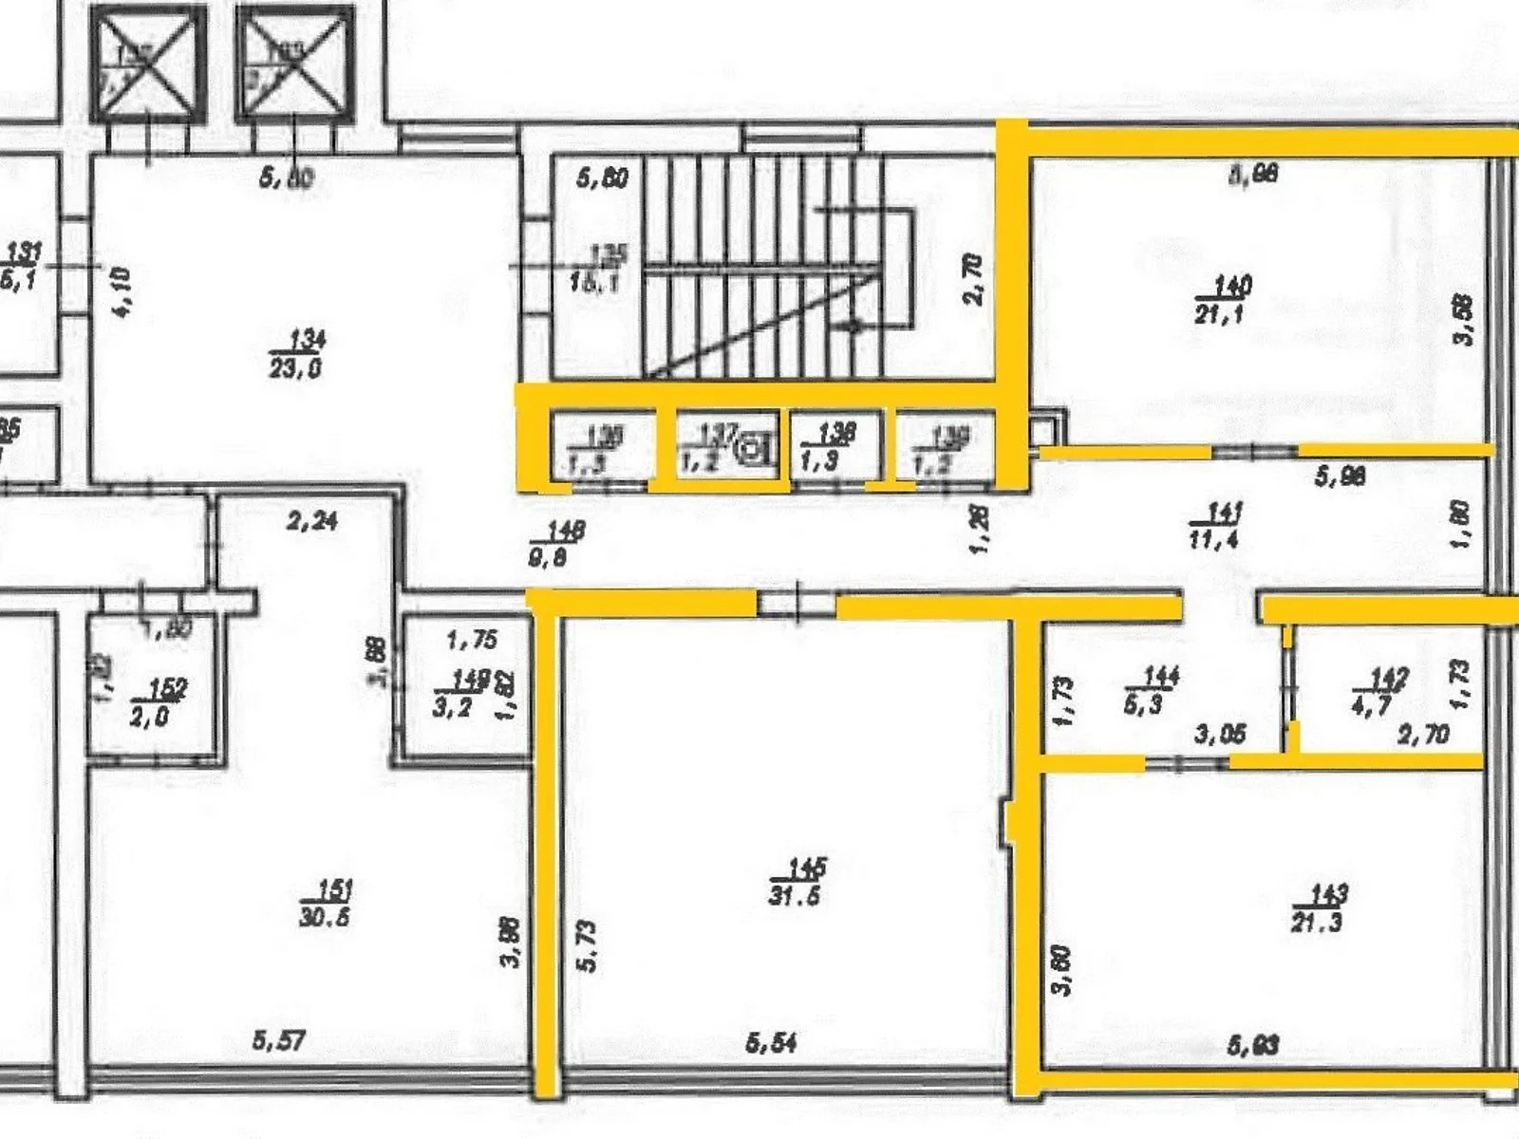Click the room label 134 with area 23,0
click(x=295, y=353)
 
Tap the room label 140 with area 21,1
click(x=1223, y=299)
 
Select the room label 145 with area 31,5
click(x=796, y=882)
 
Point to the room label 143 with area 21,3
click(x=1318, y=907)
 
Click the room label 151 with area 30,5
click(x=325, y=903)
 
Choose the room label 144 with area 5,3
click(x=1151, y=689)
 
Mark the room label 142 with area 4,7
click(x=1378, y=691)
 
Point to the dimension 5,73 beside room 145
click(x=588, y=944)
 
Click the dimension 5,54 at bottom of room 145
click(x=771, y=1043)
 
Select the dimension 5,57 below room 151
click(x=279, y=1040)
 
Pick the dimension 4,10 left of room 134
click(x=122, y=292)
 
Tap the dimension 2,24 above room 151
click(x=312, y=520)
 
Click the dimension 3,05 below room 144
click(x=1219, y=734)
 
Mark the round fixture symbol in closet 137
click(x=755, y=445)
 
